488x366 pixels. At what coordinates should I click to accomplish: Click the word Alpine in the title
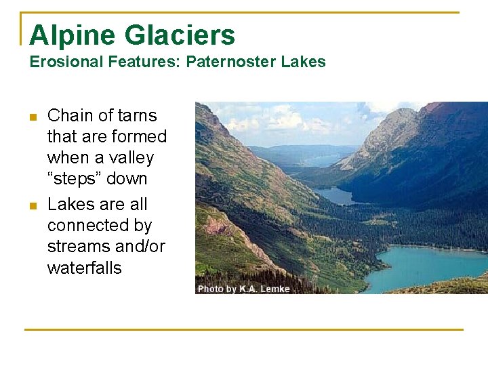click(x=70, y=35)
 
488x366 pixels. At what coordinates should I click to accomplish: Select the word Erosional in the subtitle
click(x=66, y=62)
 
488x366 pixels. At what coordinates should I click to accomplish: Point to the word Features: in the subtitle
click(x=144, y=62)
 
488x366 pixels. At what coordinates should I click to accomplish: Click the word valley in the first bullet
click(x=131, y=158)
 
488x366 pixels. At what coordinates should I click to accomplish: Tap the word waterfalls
click(x=84, y=268)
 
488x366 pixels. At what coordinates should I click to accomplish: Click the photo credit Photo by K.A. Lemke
click(x=243, y=289)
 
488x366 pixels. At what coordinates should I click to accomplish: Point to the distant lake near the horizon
click(x=319, y=161)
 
